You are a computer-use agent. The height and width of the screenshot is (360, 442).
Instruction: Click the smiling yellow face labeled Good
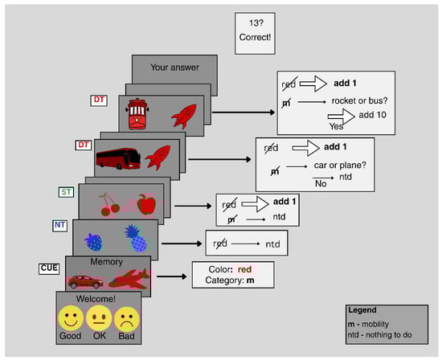71,318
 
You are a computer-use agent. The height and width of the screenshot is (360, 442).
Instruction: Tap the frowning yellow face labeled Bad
126,319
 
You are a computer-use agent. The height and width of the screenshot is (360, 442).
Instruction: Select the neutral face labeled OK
99,318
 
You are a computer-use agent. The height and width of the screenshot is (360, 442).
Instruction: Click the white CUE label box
49,268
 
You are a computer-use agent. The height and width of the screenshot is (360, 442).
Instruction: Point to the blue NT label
59,226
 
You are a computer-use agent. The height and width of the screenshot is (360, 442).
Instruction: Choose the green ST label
66,192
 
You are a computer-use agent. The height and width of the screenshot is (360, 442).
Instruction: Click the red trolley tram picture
137,113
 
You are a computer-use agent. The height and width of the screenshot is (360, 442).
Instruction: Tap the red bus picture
118,158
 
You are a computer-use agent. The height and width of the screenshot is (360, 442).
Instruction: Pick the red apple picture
146,204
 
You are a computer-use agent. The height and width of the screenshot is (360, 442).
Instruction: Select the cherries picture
108,205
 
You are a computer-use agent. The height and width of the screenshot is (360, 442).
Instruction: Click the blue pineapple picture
136,238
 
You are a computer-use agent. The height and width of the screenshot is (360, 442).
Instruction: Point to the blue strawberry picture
93,242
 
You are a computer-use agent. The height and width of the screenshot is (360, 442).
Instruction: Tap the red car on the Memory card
85,281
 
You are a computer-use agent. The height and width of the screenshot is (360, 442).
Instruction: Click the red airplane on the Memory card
129,279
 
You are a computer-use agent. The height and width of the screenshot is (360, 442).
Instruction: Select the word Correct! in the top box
255,37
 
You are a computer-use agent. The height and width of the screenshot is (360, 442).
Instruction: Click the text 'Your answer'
174,67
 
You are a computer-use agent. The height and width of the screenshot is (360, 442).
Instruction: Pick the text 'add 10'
372,115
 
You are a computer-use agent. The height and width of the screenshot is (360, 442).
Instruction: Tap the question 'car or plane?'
340,165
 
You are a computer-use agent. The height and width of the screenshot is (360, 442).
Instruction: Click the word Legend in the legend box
362,310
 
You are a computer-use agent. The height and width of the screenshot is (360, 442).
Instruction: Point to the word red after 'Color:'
244,269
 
